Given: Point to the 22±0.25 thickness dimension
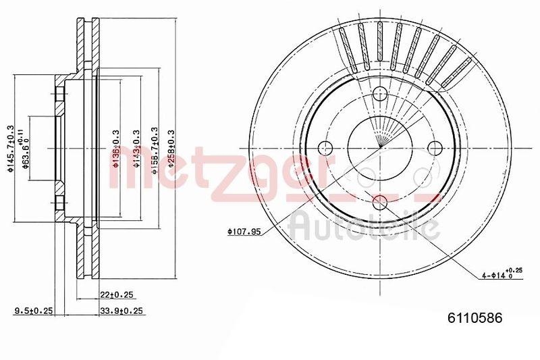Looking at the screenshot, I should [115, 295].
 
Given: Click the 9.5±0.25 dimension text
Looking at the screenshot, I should [34, 311].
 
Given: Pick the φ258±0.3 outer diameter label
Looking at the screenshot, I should [171, 152].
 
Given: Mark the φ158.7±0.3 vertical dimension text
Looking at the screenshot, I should [155, 152].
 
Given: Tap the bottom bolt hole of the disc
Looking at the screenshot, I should [380, 201].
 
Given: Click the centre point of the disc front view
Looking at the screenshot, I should [380, 148].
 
